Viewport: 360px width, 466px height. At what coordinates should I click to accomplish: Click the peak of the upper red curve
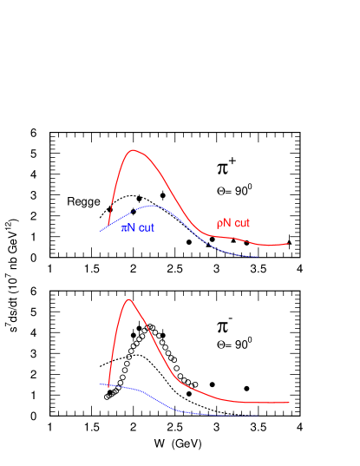134,150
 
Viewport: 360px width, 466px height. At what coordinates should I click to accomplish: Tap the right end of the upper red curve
289,244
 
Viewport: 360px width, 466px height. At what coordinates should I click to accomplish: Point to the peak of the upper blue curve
154,206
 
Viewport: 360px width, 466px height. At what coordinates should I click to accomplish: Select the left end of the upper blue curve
101,231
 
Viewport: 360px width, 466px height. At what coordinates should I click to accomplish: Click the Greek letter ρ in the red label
219,224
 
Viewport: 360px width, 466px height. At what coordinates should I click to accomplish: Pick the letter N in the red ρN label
227,223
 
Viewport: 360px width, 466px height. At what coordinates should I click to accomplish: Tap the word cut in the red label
242,223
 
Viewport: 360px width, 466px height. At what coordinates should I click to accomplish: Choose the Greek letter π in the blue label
124,228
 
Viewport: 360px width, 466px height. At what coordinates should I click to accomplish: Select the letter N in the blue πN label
132,228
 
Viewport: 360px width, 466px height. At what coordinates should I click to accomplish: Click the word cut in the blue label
147,228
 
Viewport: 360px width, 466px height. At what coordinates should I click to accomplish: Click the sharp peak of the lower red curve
129,299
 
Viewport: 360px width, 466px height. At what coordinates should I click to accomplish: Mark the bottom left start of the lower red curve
108,388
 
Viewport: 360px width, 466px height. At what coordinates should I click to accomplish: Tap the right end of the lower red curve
289,403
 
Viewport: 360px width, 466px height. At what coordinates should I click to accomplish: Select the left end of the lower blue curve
101,384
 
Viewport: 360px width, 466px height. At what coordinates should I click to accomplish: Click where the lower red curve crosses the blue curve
109,384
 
